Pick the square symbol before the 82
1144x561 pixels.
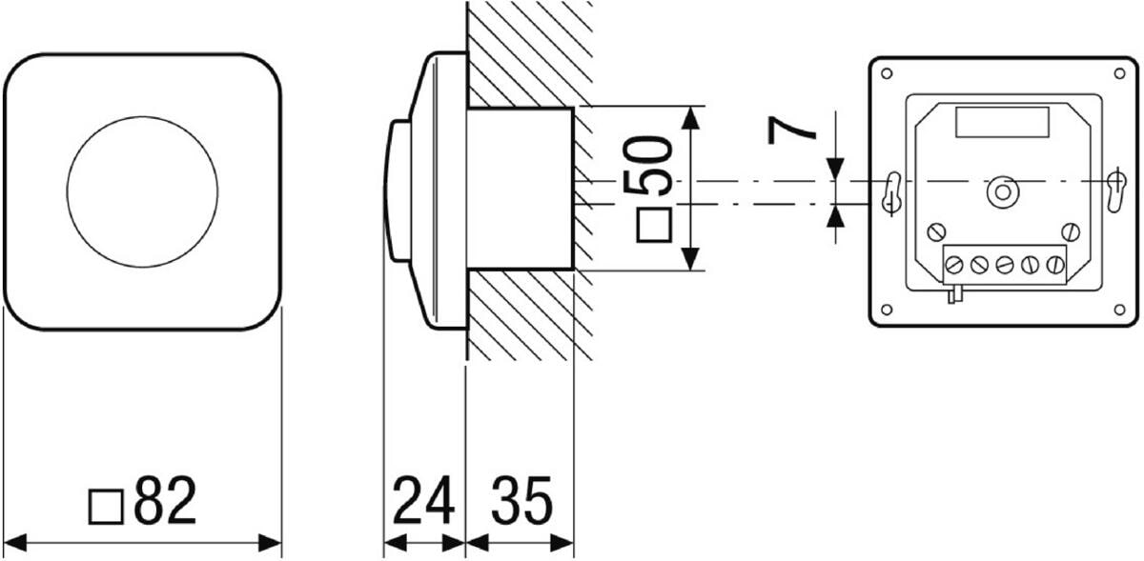(105, 507)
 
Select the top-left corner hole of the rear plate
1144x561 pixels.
(887, 73)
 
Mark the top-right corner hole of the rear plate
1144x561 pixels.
(1120, 73)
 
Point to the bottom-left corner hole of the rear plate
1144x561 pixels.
(887, 309)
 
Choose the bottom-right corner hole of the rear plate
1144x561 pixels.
(1120, 309)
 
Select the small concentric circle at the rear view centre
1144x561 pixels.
(1002, 191)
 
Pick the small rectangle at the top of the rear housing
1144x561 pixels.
(1002, 122)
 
